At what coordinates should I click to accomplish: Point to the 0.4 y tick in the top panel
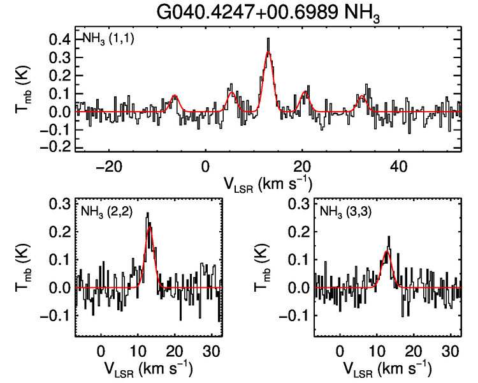61,40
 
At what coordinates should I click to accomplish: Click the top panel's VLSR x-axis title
268,184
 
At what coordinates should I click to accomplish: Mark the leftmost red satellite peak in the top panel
174,96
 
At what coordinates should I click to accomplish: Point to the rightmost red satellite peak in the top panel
363,96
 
